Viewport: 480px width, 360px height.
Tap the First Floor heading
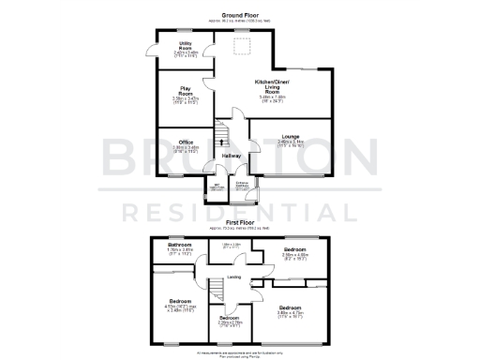(x=239, y=223)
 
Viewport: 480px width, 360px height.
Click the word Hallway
(x=232, y=156)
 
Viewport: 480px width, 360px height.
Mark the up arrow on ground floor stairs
(x=221, y=142)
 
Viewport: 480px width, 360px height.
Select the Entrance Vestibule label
(x=241, y=184)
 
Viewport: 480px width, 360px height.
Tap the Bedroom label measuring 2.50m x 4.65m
(x=294, y=250)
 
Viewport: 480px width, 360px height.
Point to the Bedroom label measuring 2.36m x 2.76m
(x=229, y=318)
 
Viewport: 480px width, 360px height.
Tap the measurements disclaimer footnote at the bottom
(x=239, y=353)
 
